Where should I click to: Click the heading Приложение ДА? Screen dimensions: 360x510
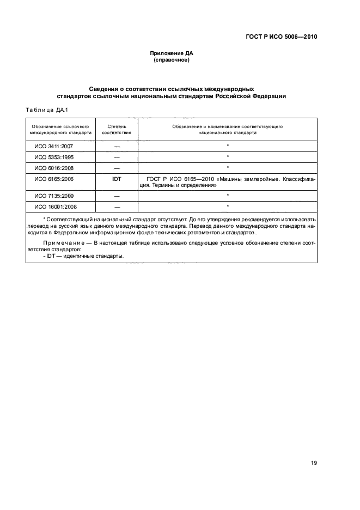click(172, 53)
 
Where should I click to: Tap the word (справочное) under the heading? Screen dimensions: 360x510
click(172, 60)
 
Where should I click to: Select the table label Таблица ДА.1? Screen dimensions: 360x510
click(46, 110)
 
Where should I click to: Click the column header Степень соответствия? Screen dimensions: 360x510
click(117, 129)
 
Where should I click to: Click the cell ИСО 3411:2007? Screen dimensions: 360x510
click(54, 146)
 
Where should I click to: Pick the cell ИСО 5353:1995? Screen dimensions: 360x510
click(54, 157)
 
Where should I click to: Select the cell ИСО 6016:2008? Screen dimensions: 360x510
click(54, 168)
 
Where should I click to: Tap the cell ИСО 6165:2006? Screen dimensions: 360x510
click(54, 179)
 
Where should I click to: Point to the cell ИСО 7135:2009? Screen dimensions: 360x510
click(54, 195)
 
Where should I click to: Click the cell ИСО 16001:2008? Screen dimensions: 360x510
click(56, 206)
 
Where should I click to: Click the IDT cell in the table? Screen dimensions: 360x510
click(117, 179)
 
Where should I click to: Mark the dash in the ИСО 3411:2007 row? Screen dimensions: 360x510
click(117, 147)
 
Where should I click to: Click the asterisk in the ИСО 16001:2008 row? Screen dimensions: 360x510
click(227, 206)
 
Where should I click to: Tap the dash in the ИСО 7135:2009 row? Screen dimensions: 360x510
click(117, 196)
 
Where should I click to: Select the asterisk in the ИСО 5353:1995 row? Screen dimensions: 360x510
click(227, 157)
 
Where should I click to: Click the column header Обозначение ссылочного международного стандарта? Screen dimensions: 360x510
click(60, 129)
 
